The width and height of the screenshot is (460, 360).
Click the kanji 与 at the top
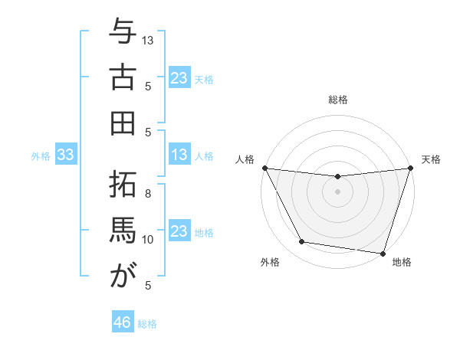(x=122, y=34)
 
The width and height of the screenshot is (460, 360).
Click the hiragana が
(x=122, y=273)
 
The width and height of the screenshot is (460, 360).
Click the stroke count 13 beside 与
(x=148, y=40)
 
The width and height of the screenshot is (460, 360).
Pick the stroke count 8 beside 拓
(x=148, y=193)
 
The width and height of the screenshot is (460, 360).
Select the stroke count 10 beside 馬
(x=148, y=240)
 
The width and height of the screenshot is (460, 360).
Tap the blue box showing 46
(x=123, y=322)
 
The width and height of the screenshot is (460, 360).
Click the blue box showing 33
(x=65, y=155)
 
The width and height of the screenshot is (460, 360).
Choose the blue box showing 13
(x=179, y=155)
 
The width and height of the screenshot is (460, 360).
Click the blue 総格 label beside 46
(x=147, y=324)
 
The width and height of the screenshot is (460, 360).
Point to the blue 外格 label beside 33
(x=41, y=156)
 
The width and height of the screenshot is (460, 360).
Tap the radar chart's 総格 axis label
(x=337, y=100)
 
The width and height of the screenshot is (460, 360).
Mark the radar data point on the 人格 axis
(x=264, y=168)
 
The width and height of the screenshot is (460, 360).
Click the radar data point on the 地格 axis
(x=383, y=253)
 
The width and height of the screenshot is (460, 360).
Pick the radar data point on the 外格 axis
(x=302, y=242)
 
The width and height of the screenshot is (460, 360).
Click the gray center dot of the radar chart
(x=337, y=191)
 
